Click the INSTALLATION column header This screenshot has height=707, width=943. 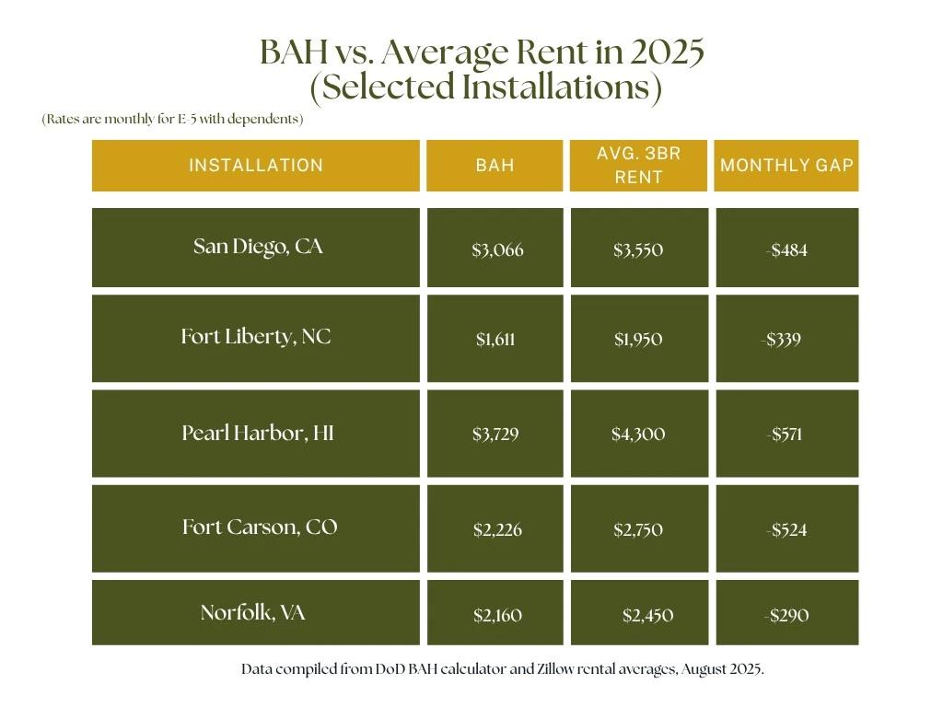[256, 166]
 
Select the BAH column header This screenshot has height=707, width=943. [495, 166]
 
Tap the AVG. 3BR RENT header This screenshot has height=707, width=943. [638, 165]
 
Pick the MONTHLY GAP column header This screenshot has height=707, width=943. [786, 166]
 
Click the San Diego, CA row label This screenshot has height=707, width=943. [258, 247]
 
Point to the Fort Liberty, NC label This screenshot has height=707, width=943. [256, 337]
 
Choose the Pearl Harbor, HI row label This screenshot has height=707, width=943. [258, 433]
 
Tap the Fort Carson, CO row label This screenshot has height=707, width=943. [260, 527]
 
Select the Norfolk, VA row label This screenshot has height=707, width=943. [252, 612]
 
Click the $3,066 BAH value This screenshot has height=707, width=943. [497, 249]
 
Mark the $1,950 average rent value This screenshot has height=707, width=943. [638, 340]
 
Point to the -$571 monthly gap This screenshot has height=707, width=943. [784, 434]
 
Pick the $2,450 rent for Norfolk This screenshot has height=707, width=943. [647, 615]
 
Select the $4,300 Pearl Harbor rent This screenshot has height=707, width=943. [638, 434]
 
